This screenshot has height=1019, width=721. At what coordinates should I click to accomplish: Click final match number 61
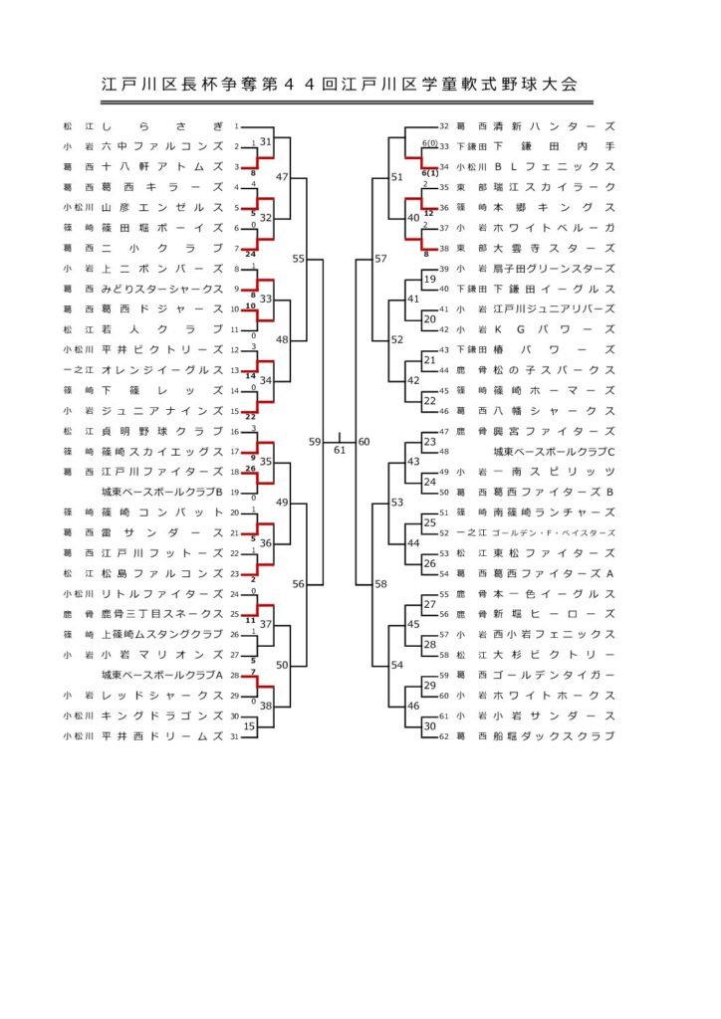(x=340, y=450)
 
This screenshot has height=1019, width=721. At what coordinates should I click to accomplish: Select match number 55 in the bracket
(x=299, y=259)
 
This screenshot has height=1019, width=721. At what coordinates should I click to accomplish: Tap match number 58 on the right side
(x=380, y=584)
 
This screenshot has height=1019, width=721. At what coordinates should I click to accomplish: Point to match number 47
(x=282, y=177)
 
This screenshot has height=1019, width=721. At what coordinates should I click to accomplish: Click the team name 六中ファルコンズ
(x=162, y=146)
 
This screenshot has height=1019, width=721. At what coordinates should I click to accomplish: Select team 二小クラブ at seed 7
(x=162, y=248)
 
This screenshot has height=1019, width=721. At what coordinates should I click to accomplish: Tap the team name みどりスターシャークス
(x=162, y=289)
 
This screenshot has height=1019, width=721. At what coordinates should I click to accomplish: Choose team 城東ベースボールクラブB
(x=162, y=492)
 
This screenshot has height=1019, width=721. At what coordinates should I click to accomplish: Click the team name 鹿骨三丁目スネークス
(x=162, y=614)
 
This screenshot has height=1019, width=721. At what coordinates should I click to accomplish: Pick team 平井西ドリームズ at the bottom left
(x=162, y=736)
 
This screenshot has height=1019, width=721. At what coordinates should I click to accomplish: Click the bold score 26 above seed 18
(x=253, y=468)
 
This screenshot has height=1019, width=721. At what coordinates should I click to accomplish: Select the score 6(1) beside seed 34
(x=430, y=174)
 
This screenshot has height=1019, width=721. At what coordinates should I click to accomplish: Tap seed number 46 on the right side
(x=445, y=411)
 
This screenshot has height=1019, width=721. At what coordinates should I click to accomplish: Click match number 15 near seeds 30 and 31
(x=250, y=726)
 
